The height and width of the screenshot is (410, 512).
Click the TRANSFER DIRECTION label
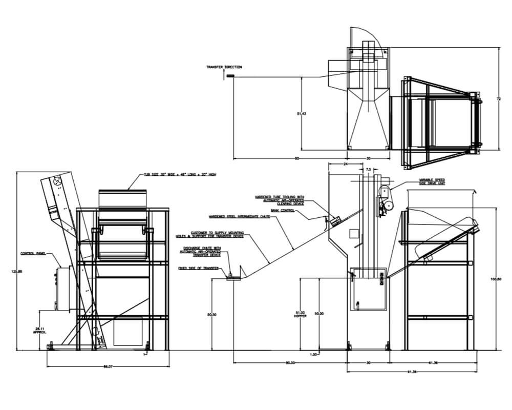coord(224,67)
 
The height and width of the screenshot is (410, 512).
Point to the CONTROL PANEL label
coord(33,253)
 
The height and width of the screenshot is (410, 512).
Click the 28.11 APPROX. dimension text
coord(40,331)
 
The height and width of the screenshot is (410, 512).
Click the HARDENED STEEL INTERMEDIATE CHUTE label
coord(240,217)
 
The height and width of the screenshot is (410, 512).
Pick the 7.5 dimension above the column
coord(368,168)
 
